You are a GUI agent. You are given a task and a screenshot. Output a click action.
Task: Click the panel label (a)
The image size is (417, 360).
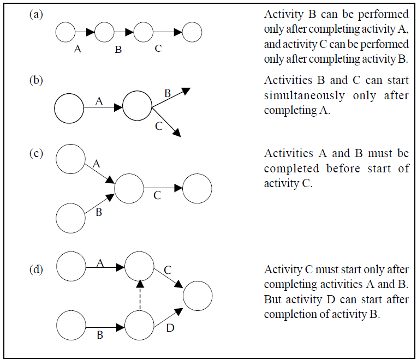[x=36, y=14]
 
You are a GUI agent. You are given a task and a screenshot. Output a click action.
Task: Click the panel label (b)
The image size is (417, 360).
[x=36, y=80]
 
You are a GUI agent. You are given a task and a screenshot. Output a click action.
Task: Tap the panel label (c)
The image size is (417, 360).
[x=36, y=154]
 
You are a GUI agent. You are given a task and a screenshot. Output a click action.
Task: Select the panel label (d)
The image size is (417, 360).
[x=36, y=269]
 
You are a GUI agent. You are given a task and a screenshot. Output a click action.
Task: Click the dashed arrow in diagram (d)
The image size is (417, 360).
[x=140, y=295]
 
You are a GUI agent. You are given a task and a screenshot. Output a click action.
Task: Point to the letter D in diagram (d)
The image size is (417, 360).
[x=170, y=328]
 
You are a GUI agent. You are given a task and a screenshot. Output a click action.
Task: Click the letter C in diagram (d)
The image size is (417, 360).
[x=168, y=270]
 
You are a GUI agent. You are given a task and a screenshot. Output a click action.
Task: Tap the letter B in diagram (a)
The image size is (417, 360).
[x=118, y=50]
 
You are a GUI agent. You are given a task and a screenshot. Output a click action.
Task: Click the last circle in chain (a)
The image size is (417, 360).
[x=192, y=32]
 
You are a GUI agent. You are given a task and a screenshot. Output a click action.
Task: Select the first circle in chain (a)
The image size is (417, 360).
[x=65, y=32]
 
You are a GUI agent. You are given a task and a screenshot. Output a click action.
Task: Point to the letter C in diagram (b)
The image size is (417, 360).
[x=159, y=126]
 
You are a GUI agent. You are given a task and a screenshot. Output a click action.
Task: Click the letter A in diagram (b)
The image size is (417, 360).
[x=99, y=101]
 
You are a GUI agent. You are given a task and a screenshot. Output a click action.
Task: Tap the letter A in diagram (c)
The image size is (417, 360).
[x=96, y=164]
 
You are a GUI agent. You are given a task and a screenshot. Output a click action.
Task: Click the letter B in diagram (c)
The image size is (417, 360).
[x=99, y=212]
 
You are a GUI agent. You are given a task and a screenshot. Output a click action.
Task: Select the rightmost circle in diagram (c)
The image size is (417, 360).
[x=197, y=188]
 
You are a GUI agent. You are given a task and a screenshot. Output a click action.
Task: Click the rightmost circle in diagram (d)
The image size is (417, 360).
[x=198, y=296]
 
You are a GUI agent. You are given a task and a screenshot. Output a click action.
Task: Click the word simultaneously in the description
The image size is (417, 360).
[x=304, y=95]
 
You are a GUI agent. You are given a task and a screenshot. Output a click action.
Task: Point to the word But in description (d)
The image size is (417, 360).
[x=272, y=299]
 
